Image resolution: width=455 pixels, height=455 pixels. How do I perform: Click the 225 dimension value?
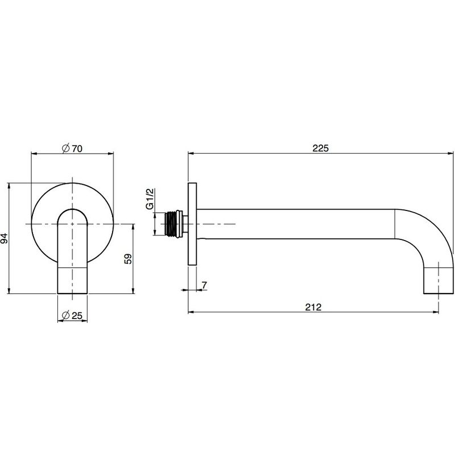pyautogui.click(x=320, y=148)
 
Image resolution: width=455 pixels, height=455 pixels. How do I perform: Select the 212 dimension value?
pyautogui.click(x=313, y=307)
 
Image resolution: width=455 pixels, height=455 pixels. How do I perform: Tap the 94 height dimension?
pyautogui.click(x=5, y=238)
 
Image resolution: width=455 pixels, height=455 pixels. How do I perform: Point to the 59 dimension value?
pyautogui.click(x=127, y=259)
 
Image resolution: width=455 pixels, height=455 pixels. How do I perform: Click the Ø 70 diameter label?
pyautogui.click(x=72, y=148)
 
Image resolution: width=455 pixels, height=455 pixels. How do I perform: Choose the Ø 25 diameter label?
pyautogui.click(x=72, y=315)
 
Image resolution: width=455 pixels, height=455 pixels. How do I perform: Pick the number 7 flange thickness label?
pyautogui.click(x=205, y=286)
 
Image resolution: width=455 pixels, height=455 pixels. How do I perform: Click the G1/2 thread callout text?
pyautogui.click(x=150, y=198)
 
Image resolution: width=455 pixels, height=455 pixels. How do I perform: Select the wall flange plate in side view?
pyautogui.click(x=192, y=224)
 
